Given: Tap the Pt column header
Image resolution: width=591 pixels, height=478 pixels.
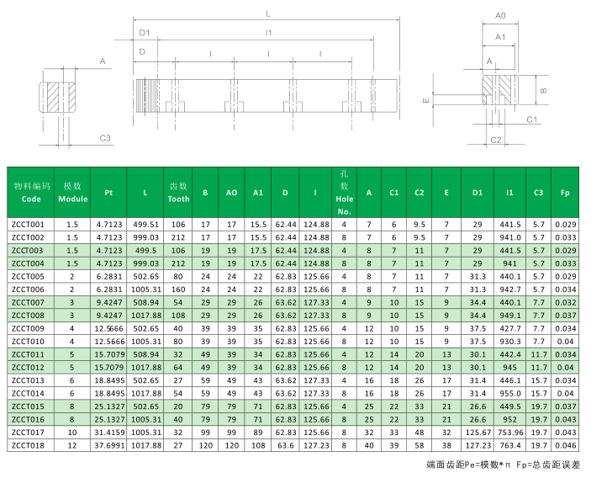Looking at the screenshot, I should click(x=108, y=193).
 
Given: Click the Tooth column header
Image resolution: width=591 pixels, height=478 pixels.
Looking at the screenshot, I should click(x=178, y=193).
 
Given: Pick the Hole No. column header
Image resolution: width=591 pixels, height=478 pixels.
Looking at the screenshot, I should click(x=344, y=193).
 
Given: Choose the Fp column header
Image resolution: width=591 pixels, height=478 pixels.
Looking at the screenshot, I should click(x=565, y=193).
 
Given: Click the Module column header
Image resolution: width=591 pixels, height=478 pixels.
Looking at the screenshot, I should click(x=72, y=193).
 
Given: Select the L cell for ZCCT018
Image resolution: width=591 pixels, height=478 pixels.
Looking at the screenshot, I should click(x=145, y=444).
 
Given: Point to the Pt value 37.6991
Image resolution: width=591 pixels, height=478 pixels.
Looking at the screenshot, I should click(x=108, y=444).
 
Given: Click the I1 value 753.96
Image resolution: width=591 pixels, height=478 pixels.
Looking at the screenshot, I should click(x=509, y=432).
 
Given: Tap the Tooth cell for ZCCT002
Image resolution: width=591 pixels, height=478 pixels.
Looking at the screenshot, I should click(x=178, y=238).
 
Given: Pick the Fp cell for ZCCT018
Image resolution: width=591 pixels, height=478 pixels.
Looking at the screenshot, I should click(x=565, y=444).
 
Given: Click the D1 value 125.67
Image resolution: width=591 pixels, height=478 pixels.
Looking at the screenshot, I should click(x=477, y=432).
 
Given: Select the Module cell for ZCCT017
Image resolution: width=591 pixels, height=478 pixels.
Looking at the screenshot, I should click(x=72, y=432).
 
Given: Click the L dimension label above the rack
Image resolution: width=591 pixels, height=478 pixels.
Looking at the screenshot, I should click(x=267, y=13).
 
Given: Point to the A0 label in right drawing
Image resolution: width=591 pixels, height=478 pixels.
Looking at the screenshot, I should click(x=500, y=15).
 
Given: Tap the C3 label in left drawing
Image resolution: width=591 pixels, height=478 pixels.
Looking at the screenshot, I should click(x=105, y=138).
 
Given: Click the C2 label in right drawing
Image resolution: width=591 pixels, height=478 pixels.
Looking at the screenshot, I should click(x=496, y=139).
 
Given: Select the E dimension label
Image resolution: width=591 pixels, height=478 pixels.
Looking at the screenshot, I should click(x=426, y=99).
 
